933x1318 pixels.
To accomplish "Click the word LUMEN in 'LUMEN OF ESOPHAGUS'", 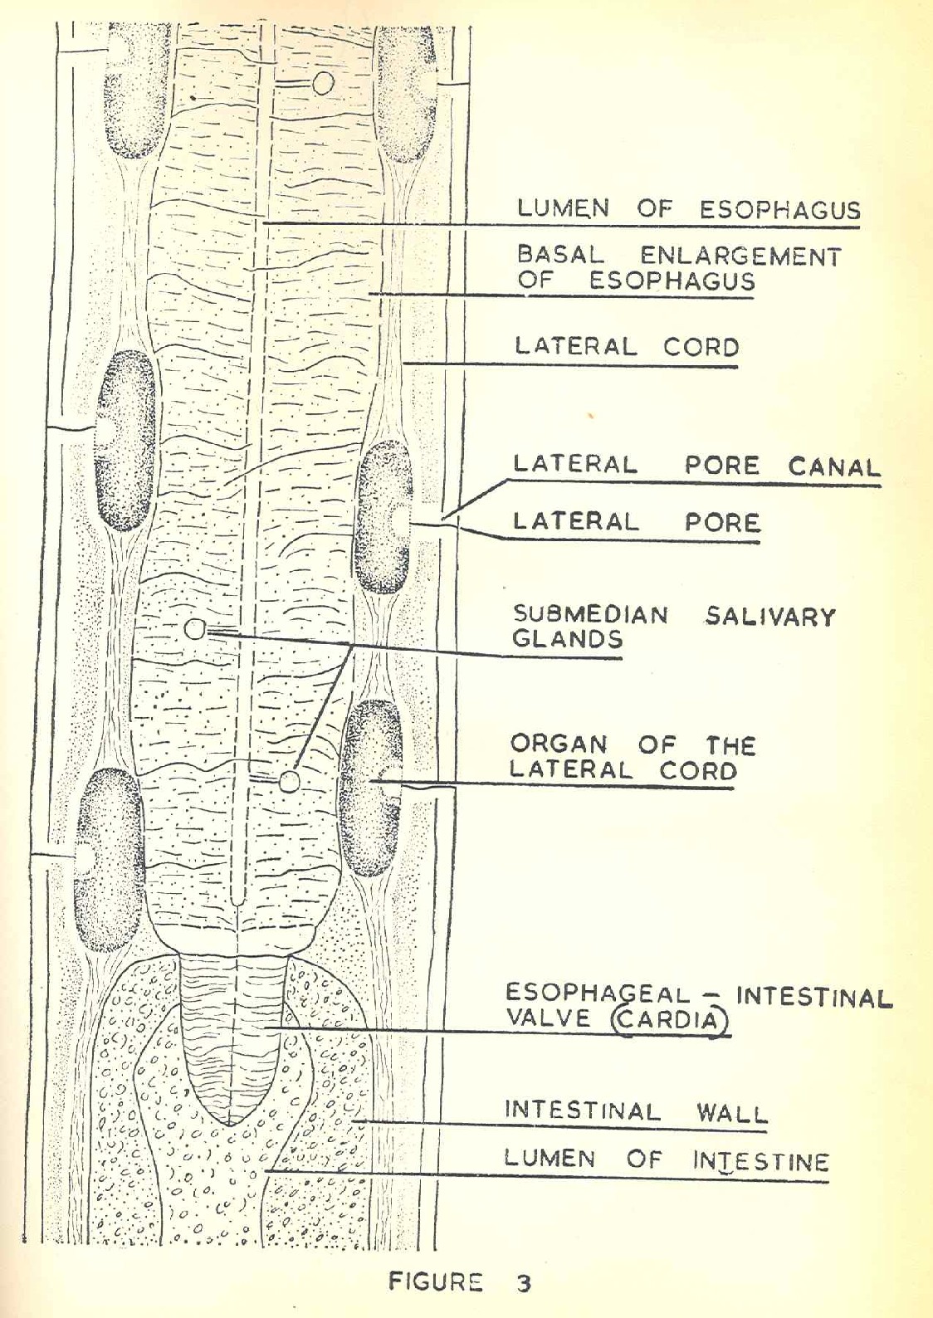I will tap(562, 208).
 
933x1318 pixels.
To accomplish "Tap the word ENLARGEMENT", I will tap(740, 256).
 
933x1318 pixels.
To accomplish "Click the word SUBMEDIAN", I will tap(589, 615).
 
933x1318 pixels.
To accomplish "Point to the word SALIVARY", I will tap(770, 617).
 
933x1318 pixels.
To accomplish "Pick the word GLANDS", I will tap(567, 639).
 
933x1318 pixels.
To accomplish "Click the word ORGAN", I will tap(559, 744).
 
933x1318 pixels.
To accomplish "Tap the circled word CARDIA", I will tap(671, 1019).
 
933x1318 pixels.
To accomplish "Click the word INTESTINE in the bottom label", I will tap(760, 1161).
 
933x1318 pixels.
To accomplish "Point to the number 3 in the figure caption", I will tap(523, 1283).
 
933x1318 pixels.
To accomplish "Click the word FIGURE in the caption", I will tap(435, 1282).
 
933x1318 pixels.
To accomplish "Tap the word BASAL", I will tap(560, 255).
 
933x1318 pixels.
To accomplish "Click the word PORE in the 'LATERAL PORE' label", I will tap(721, 523).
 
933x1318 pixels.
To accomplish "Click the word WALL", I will tap(731, 1112).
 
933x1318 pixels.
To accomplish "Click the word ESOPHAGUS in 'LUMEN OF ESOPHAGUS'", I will tap(779, 210).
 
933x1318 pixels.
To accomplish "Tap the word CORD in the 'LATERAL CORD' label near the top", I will tap(701, 346).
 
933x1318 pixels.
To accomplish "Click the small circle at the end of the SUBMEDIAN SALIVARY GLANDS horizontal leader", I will tap(194, 630).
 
